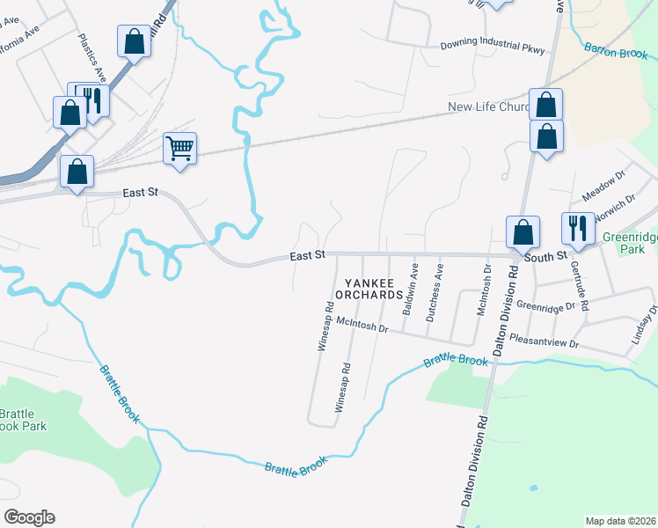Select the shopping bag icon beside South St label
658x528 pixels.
523,232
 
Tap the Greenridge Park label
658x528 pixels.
629,243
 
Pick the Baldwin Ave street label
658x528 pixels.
408,290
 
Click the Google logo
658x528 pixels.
29,517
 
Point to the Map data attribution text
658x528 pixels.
621,521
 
